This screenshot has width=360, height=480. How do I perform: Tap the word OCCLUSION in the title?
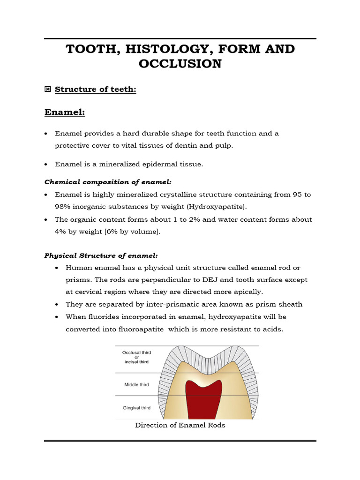pos(180,64)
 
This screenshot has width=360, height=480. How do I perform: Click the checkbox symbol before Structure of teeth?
pos(47,89)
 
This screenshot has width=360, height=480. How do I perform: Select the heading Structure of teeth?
pos(96,89)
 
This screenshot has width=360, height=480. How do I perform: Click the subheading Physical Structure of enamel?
pos(101,255)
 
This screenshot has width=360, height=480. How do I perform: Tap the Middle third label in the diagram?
pos(136,384)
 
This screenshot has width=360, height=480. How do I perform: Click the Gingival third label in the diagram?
pos(136,408)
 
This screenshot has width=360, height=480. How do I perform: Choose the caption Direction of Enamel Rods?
pos(180,425)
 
